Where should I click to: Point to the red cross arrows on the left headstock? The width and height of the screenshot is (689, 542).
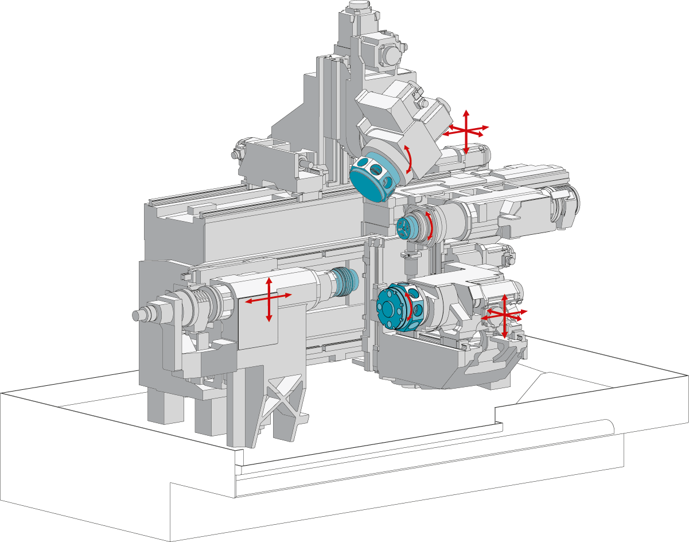pos(268,299)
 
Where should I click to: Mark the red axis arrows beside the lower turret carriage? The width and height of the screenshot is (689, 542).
pos(504,315)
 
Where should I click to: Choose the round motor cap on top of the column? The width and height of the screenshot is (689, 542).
pos(390,56)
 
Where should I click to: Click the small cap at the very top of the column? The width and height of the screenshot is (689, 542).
pos(359,7)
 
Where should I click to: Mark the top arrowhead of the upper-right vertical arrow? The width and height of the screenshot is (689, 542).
pos(466,111)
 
